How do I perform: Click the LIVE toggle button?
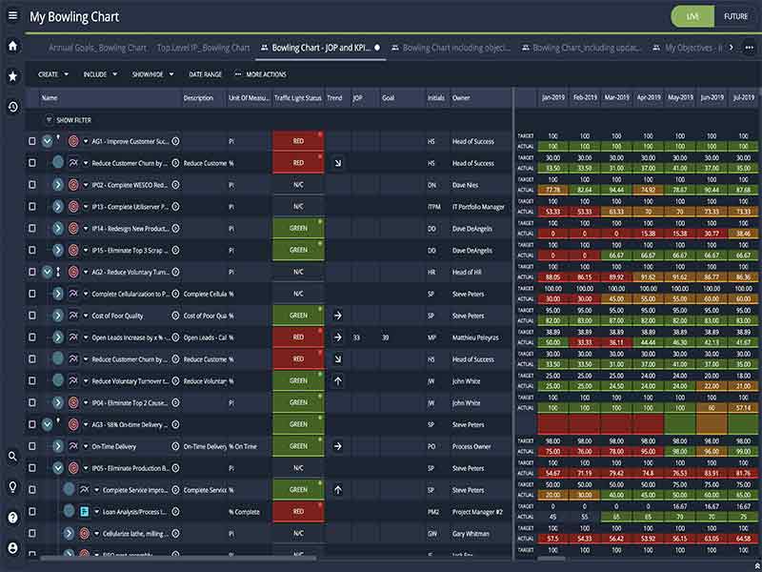pos(692,16)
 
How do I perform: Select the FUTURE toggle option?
pos(735,16)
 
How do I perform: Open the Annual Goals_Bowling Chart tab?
pos(98,48)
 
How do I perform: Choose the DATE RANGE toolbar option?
pos(206,73)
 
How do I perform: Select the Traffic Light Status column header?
pos(297,97)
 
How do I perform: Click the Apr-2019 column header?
pos(648,97)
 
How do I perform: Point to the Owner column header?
pos(461,97)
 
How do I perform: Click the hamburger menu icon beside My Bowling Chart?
pos(12,16)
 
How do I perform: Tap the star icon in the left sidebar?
pos(12,75)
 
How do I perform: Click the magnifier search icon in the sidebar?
pos(12,457)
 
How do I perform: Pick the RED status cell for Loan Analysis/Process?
pos(298,511)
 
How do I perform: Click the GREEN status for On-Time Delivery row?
pos(298,446)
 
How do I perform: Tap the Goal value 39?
pos(386,337)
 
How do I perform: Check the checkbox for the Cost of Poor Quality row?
pos(31,316)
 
